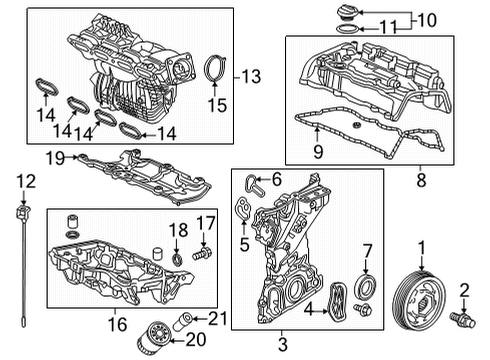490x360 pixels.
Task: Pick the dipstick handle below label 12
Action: (x=21, y=215)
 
